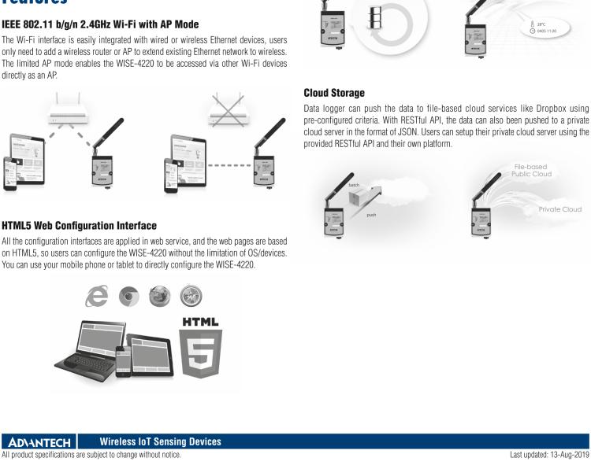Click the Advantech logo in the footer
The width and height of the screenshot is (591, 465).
coord(39,442)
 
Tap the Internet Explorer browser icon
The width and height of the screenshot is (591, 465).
coord(97,296)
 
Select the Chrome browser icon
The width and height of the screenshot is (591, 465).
coord(129,297)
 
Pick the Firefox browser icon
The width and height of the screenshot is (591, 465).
coord(160,296)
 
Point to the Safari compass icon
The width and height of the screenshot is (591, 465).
coord(191,296)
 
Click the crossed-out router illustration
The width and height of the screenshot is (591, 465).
coord(229,109)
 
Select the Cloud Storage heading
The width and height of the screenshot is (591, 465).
coord(334,93)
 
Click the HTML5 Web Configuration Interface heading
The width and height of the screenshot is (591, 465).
coord(79,226)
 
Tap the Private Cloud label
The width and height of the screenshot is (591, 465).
coord(559,209)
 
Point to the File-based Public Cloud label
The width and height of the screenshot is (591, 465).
coord(531,171)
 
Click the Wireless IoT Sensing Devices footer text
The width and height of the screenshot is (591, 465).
coord(161,441)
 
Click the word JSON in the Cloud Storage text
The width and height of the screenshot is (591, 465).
coord(407,132)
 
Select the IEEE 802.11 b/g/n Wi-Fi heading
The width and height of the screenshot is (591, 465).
coord(100,24)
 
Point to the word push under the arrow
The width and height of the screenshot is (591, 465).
coord(371,216)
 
